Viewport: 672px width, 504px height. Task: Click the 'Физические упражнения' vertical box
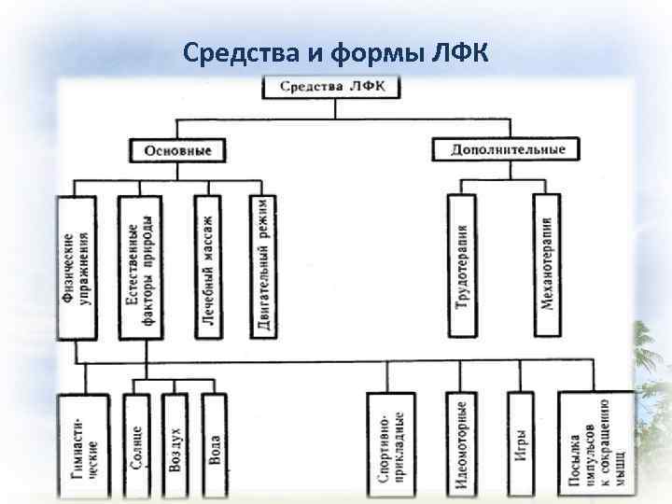(77, 267)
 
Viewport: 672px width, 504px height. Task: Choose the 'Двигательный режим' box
(264, 267)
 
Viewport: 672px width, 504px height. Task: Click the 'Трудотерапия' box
(462, 265)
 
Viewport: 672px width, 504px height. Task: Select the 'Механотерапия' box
(547, 265)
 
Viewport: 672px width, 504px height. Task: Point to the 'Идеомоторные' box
(462, 444)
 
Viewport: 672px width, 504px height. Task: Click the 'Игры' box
(521, 444)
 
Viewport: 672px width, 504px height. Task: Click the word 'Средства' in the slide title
(238, 52)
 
